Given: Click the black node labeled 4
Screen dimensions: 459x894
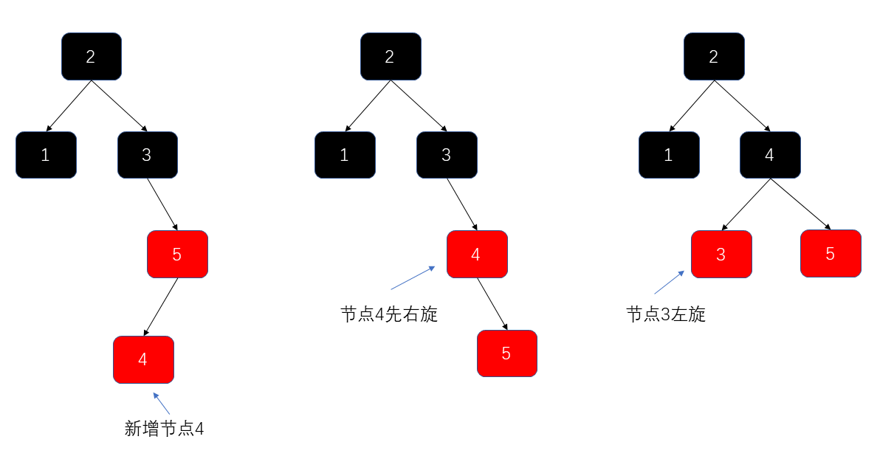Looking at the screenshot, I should tap(770, 155).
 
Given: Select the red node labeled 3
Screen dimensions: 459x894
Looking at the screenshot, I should tap(721, 254).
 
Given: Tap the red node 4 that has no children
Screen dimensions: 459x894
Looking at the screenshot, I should tap(143, 359).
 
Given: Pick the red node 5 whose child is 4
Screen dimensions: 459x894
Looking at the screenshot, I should tap(177, 254).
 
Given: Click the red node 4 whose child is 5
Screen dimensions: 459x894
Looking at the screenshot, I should tap(476, 254).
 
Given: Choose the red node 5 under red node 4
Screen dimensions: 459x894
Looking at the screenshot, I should tap(506, 353).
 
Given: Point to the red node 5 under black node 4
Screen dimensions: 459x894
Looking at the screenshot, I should tap(831, 253).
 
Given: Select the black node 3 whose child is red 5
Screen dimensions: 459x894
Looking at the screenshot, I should tap(147, 155).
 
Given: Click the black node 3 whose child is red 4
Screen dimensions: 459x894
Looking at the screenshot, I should tap(447, 155).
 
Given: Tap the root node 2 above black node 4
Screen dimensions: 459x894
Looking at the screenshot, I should tap(714, 57).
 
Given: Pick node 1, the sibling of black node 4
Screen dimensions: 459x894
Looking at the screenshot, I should tap(669, 155).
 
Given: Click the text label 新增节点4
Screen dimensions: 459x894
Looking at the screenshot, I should tap(164, 429).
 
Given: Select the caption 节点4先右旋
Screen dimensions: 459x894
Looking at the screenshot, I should tap(389, 314).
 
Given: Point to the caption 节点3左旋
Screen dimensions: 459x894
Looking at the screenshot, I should tap(666, 314).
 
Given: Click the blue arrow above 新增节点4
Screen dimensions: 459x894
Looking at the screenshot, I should tap(162, 403).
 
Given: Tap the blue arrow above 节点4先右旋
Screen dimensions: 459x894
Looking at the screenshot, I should tap(413, 278).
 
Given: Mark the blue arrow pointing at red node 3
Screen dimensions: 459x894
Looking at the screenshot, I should tap(669, 283).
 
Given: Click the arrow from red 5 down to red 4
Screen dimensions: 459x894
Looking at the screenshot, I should tap(161, 307).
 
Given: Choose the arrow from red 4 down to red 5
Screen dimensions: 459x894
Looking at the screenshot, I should tap(492, 304).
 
